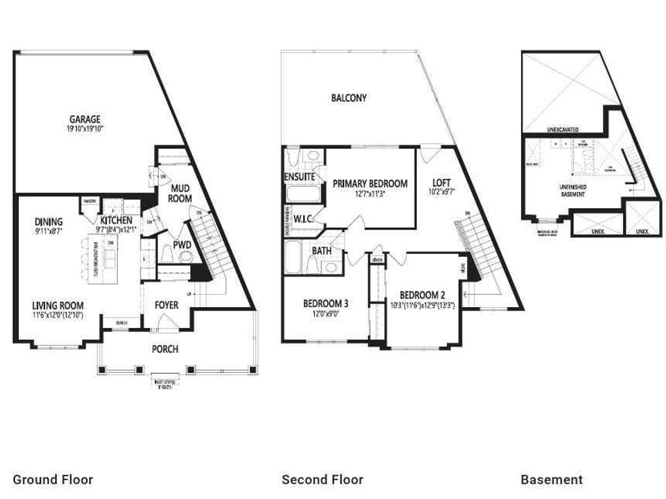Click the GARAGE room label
[85, 119]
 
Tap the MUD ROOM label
[180, 193]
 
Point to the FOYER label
[166, 304]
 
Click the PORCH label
[165, 349]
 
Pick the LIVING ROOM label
[58, 304]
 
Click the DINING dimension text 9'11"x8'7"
[49, 231]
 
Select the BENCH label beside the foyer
[122, 323]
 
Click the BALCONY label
[349, 98]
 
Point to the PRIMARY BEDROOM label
[370, 183]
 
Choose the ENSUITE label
[300, 177]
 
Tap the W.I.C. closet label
[304, 219]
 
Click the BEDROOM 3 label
[326, 303]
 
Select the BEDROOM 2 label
[422, 293]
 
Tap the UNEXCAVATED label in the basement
[563, 129]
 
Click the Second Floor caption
[322, 480]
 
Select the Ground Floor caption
[53, 480]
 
